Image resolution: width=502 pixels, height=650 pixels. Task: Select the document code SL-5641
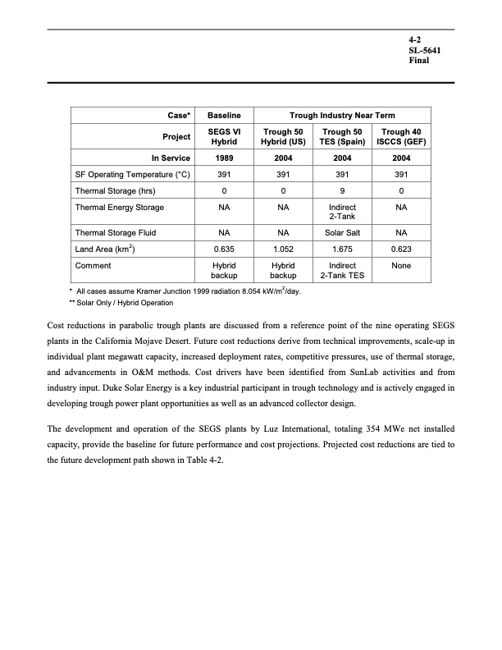(424, 51)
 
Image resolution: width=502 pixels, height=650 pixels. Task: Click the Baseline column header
(223, 116)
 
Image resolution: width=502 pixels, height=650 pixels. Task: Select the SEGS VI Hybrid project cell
(223, 136)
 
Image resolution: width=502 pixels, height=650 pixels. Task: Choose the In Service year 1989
(223, 158)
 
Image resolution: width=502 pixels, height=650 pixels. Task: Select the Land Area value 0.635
(223, 249)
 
